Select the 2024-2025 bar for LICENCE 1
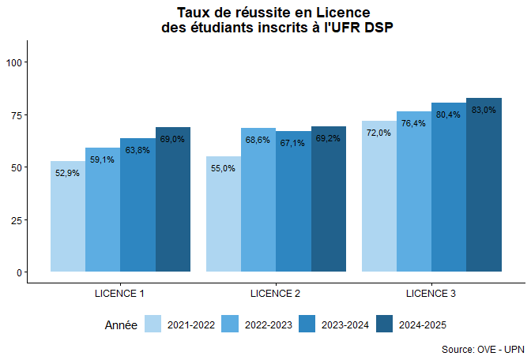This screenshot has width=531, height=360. tap(173, 205)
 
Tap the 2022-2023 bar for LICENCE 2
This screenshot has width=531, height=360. tap(258, 205)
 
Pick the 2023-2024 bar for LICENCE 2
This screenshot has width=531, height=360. tap(293, 207)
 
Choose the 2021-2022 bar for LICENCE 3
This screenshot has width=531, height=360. tap(378, 201)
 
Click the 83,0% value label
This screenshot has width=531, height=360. tap(484, 111)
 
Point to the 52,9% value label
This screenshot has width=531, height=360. tap(67, 173)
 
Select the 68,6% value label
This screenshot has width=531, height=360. tap(258, 140)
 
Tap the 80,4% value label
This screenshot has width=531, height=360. tap(448, 115)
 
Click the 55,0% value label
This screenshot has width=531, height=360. tap(223, 168)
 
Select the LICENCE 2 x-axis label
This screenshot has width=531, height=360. tap(275, 294)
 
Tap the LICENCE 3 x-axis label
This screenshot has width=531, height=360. tap(431, 294)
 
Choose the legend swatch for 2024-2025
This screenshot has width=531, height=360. tap(384, 324)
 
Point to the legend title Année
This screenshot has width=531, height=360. tap(121, 324)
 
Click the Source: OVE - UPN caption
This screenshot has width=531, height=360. tap(483, 349)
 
